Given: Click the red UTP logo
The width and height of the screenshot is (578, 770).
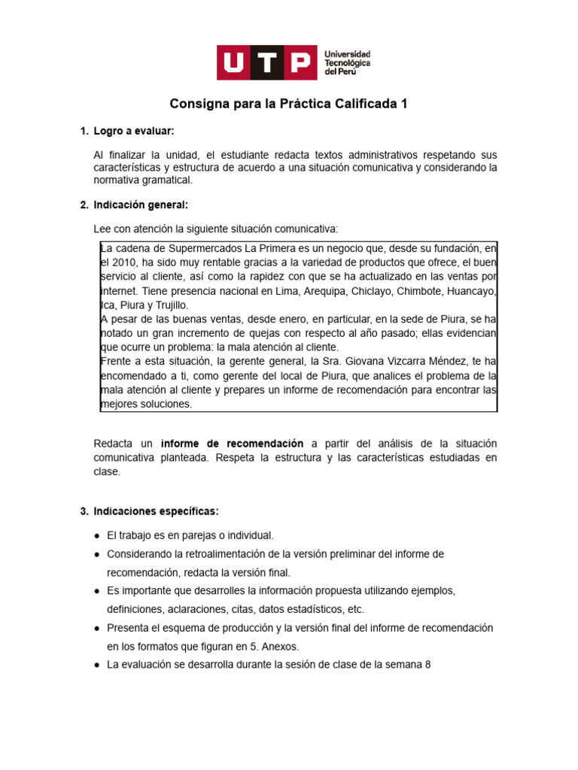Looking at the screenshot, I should pos(266,62).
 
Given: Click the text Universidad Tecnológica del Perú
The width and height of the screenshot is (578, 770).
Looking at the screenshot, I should pos(347,62).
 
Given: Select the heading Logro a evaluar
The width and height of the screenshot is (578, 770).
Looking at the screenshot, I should pos(134,132).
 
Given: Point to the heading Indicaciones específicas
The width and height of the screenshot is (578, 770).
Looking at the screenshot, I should pos(156,511).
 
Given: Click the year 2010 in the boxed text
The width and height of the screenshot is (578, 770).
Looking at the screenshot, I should pos(125,262).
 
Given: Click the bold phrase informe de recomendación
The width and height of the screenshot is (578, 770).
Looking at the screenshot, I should pos(232,444).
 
